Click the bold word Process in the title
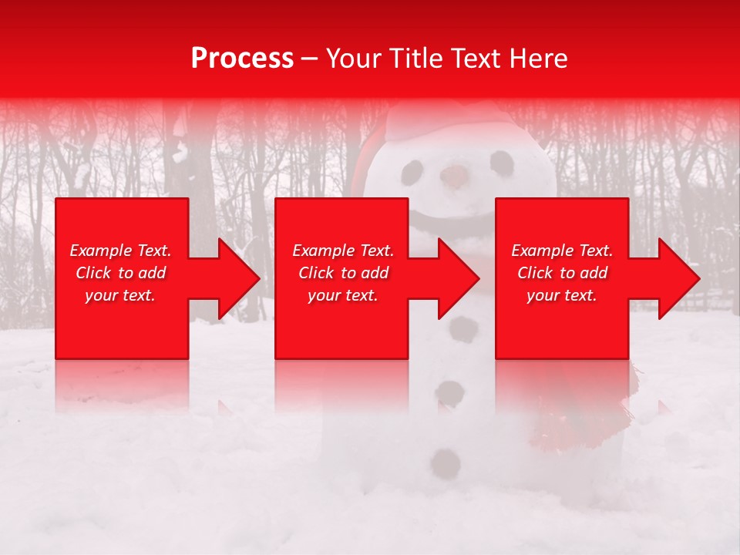pos(242,59)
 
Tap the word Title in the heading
pos(413,59)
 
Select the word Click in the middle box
pos(316,273)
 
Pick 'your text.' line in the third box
pos(562,295)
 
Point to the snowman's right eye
pos(502,163)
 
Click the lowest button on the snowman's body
pos(446,463)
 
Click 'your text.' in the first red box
pos(120,295)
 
